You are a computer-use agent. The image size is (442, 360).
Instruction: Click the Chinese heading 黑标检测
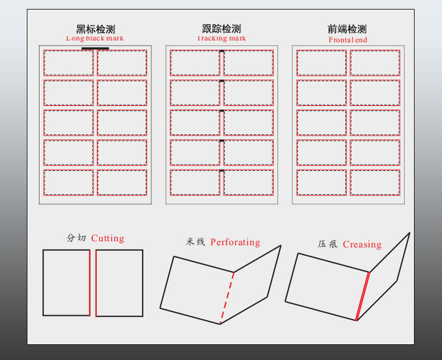pyautogui.click(x=95, y=29)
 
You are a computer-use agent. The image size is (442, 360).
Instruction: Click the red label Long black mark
pyautogui.click(x=95, y=39)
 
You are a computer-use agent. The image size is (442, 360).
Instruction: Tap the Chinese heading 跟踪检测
pyautogui.click(x=222, y=29)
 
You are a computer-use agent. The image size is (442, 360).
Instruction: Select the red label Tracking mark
pyautogui.click(x=222, y=39)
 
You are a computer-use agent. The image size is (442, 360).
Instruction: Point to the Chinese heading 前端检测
pyautogui.click(x=347, y=29)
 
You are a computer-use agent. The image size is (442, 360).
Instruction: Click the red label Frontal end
pyautogui.click(x=347, y=40)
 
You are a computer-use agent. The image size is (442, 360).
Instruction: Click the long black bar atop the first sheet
pyautogui.click(x=95, y=49)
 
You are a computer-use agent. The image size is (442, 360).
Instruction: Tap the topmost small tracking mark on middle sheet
pyautogui.click(x=222, y=52)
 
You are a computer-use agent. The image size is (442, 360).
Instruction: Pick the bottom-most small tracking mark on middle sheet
pyautogui.click(x=222, y=170)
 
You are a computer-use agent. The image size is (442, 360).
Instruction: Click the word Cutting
pyautogui.click(x=107, y=239)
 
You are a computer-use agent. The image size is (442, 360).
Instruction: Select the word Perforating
pyautogui.click(x=235, y=242)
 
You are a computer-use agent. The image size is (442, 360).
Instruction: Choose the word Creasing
pyautogui.click(x=362, y=245)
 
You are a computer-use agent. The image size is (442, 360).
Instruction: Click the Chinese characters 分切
pyautogui.click(x=76, y=239)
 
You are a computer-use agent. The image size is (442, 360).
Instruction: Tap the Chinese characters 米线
pyautogui.click(x=196, y=242)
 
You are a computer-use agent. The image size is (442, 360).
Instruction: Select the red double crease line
pyautogui.click(x=363, y=296)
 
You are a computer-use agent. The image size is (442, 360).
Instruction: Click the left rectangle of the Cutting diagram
pyautogui.click(x=66, y=283)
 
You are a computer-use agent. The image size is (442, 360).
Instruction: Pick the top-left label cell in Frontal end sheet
pyautogui.click(x=321, y=63)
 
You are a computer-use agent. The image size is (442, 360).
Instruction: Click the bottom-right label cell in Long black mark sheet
pyautogui.click(x=122, y=182)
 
